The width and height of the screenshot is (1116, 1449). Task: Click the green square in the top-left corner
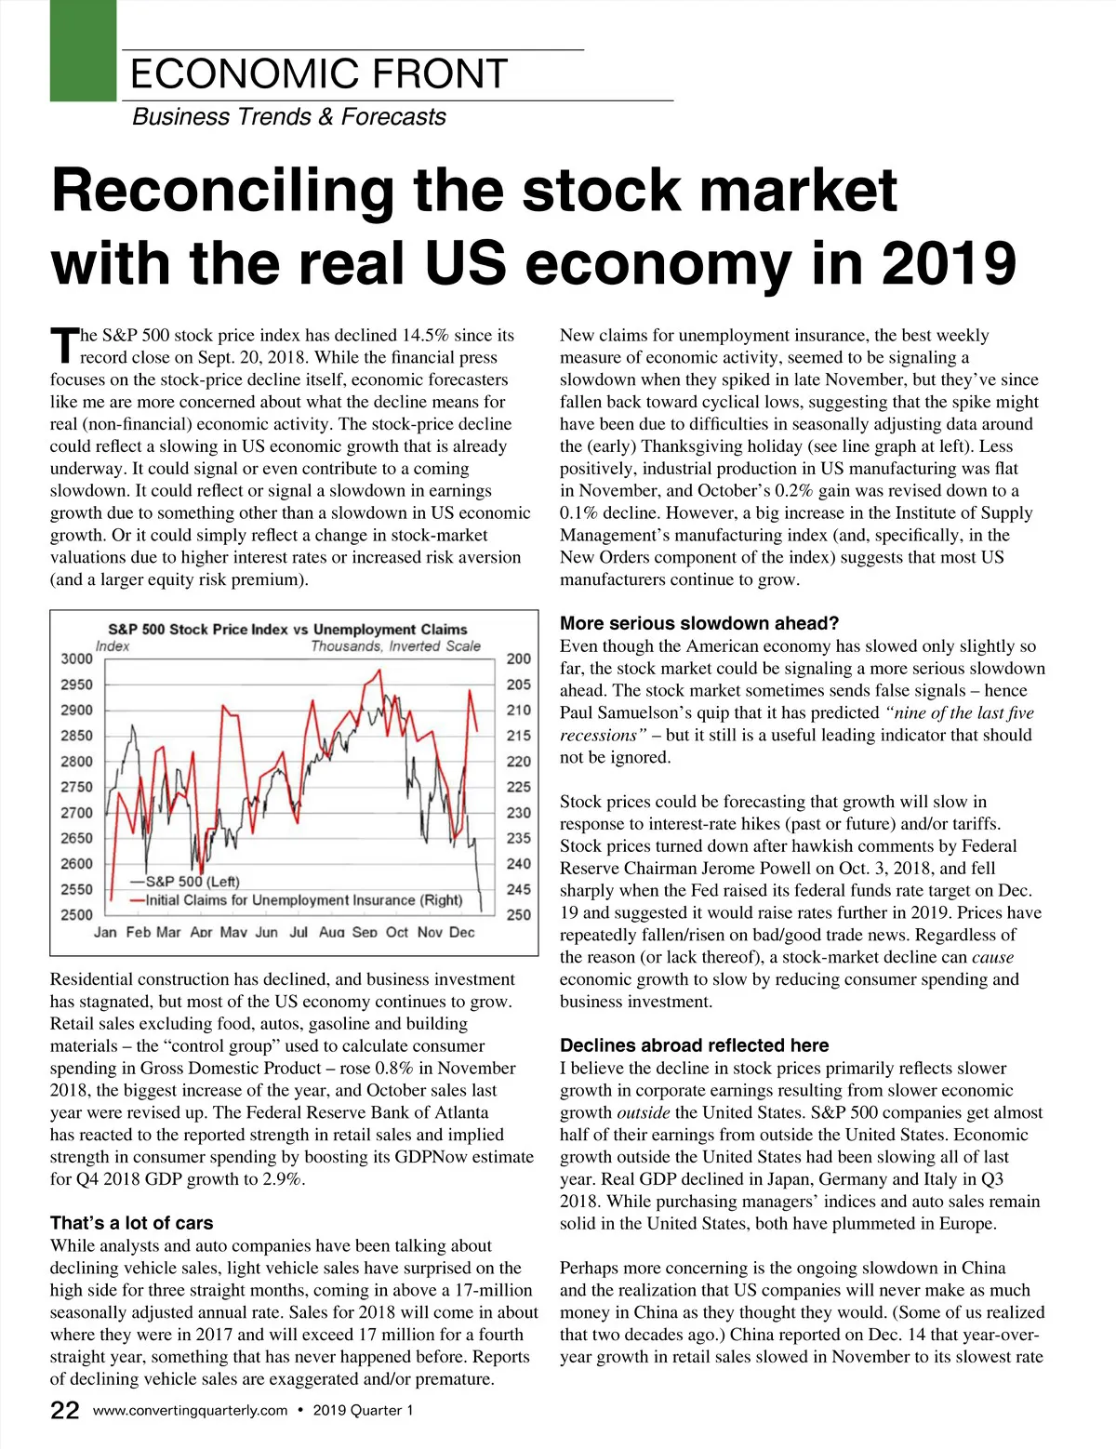[x=83, y=50]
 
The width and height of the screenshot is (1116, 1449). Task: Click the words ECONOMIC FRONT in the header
[x=319, y=74]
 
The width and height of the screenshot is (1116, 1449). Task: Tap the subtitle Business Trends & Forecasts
[x=289, y=117]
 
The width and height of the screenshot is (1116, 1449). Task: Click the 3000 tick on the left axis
[x=77, y=659]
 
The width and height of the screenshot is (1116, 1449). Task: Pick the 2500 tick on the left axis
[x=77, y=915]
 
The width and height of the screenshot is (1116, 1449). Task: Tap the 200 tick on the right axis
[x=519, y=659]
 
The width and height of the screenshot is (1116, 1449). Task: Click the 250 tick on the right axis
[x=519, y=915]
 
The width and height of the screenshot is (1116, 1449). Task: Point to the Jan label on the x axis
[x=105, y=932]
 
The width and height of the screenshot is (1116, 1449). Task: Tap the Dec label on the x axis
[x=461, y=932]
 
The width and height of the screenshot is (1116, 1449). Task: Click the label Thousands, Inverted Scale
[x=395, y=646]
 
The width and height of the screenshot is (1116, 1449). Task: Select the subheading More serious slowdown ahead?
[x=699, y=623]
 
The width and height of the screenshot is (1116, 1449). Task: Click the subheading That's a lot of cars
[x=132, y=1223]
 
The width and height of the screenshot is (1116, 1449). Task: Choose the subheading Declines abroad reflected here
[x=694, y=1045]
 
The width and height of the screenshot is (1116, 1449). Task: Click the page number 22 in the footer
[x=65, y=1411]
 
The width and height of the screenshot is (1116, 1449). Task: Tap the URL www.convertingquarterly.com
[x=191, y=1411]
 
